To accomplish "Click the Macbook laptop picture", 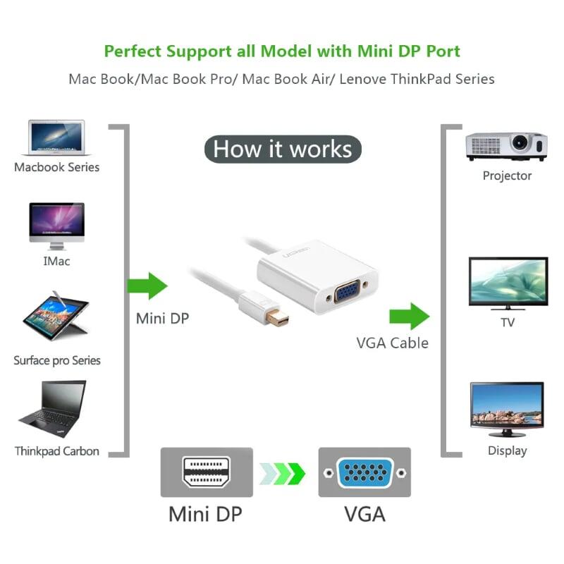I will (x=56, y=137).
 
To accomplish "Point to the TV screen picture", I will (x=508, y=284).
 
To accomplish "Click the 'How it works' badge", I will (x=282, y=149).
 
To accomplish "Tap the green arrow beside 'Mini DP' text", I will (x=147, y=286).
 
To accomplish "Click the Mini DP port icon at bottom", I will (x=206, y=472).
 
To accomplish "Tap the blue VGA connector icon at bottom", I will (x=364, y=472).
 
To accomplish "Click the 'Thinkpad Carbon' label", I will (x=57, y=450).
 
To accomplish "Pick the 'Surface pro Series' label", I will (x=57, y=360).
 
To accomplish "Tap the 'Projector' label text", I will (x=507, y=176).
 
